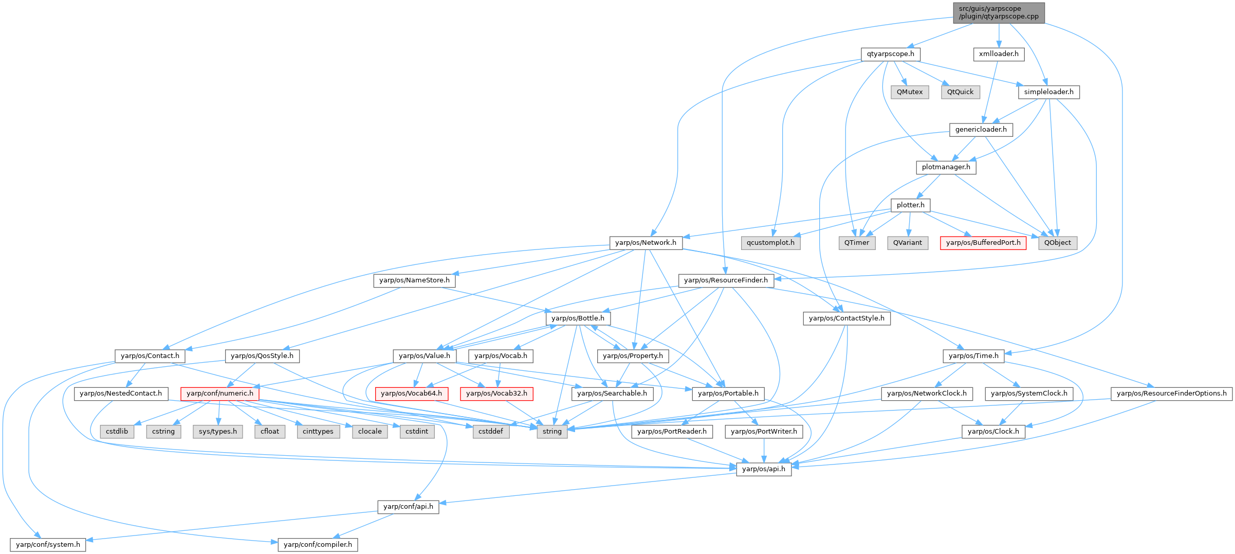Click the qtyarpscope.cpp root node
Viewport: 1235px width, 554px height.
pos(999,12)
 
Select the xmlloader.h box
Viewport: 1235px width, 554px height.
pos(999,54)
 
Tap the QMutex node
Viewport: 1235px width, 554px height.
pos(910,92)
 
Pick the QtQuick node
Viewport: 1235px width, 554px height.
pos(960,92)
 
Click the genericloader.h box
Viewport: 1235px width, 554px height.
pos(981,130)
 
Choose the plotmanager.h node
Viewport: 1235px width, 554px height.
pos(946,167)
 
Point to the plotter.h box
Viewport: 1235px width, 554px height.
pos(910,205)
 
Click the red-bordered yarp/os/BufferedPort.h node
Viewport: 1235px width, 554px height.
pos(983,243)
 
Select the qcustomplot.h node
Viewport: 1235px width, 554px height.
pos(770,243)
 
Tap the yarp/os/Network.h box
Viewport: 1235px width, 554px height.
pos(646,243)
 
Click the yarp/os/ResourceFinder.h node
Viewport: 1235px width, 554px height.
pos(726,280)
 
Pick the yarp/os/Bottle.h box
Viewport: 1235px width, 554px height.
pos(578,318)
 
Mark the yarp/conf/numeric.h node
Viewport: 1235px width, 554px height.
pos(220,394)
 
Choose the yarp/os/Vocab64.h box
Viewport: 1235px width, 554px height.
pos(411,394)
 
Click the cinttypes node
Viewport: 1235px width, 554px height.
pos(318,432)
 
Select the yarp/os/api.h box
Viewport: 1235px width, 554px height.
pos(764,469)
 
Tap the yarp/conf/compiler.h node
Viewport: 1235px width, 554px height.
pos(318,545)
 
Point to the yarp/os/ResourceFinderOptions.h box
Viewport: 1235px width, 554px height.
pos(1171,394)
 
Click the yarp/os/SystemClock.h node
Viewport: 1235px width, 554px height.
pos(1029,394)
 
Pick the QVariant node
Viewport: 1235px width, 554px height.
pos(908,243)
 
